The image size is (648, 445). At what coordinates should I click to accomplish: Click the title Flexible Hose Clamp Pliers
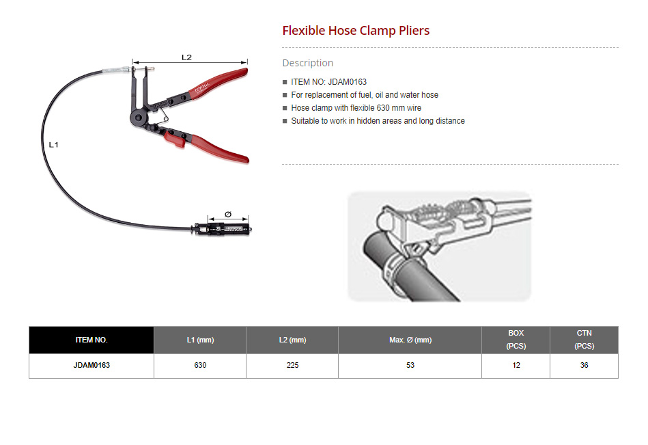356,31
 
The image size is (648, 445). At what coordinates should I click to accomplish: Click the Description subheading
307,63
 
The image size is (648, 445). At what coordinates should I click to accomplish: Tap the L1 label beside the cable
54,145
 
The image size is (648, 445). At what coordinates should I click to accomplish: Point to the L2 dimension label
186,57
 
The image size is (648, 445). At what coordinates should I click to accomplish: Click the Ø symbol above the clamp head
227,214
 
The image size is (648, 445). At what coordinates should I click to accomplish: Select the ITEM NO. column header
91,340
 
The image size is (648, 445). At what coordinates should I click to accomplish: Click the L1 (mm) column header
200,340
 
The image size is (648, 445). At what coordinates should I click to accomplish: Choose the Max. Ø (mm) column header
410,340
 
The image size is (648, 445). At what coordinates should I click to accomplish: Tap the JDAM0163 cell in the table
91,366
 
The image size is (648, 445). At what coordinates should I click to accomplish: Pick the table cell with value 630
200,366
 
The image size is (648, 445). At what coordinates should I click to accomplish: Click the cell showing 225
292,366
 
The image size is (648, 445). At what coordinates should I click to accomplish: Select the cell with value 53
410,366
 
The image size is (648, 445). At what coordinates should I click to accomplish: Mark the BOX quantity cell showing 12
516,366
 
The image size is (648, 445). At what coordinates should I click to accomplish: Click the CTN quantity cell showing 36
584,366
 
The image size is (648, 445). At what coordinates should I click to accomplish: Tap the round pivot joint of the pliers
138,118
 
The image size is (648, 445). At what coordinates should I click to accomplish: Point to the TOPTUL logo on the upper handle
202,88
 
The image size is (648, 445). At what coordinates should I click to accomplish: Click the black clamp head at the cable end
223,229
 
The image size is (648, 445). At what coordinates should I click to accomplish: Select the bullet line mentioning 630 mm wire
356,108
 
